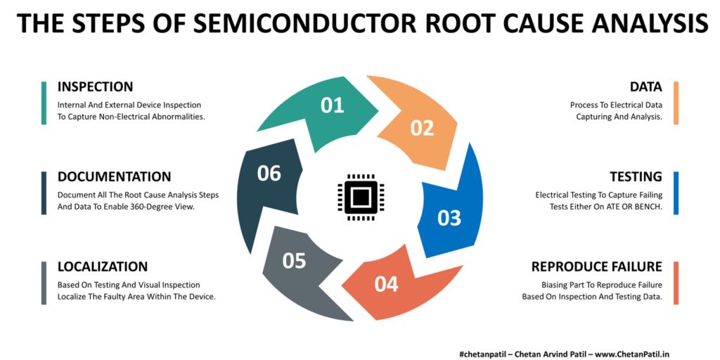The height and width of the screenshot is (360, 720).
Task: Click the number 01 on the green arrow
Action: point(332,105)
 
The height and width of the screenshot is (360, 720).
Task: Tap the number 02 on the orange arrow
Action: point(423,128)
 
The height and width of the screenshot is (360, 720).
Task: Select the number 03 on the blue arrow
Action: point(449,218)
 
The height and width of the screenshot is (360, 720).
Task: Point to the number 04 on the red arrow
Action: point(386,284)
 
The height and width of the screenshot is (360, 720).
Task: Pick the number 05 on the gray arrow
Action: point(294,261)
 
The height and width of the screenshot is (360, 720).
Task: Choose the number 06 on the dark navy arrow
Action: point(269,173)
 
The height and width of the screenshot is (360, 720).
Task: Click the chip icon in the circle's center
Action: point(360,194)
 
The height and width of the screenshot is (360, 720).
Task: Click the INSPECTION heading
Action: point(95,87)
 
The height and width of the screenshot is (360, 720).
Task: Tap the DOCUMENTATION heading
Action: point(114,176)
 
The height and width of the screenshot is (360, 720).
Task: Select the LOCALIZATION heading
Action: point(103,266)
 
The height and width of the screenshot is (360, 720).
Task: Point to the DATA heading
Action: point(645,87)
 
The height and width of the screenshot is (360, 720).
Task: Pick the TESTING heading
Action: point(636,176)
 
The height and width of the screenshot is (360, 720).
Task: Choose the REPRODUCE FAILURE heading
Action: point(596,266)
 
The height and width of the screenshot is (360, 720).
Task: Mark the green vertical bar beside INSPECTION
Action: point(44,103)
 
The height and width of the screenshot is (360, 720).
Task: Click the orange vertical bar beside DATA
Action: point(676,103)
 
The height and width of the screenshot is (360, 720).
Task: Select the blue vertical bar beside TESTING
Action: point(676,193)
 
